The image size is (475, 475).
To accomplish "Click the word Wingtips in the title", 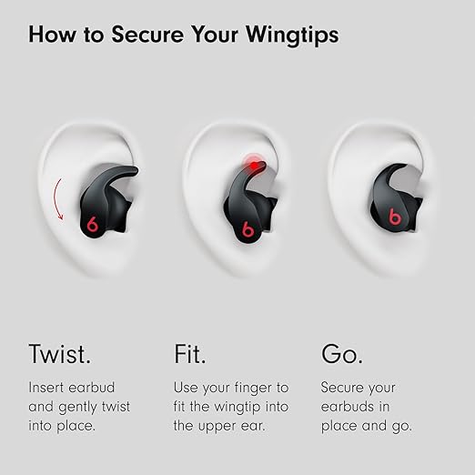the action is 292,35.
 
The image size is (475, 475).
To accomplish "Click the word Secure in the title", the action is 147,34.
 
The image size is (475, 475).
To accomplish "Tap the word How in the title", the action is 52,34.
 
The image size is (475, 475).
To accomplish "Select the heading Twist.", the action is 60,354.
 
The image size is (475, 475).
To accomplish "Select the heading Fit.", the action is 190,354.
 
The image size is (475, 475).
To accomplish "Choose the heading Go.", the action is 342,354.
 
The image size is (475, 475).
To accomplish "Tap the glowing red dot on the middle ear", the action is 254,166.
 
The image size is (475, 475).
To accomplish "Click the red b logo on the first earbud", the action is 92,225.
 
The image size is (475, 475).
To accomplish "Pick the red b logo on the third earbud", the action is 395,217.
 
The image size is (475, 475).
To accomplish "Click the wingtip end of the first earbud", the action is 134,170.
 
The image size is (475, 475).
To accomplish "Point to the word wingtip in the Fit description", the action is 237,408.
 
